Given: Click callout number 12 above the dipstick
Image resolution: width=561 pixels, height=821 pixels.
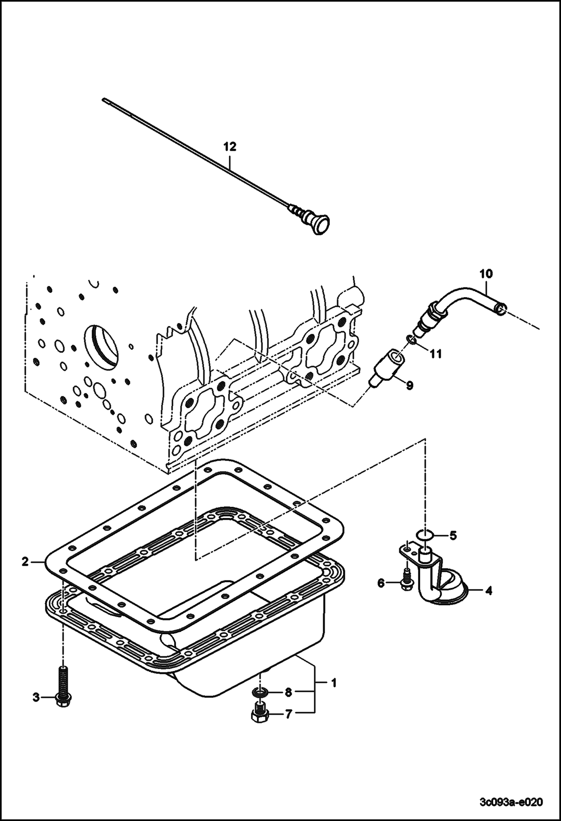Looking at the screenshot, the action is point(230,147).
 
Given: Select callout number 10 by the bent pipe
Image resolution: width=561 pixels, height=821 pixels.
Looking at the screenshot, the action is point(486,274).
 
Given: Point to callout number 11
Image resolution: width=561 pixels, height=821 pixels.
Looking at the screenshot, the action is point(435,353).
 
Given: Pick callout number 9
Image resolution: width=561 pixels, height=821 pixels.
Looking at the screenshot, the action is point(410,385).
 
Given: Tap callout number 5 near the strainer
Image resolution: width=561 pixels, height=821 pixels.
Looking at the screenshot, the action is point(453,536).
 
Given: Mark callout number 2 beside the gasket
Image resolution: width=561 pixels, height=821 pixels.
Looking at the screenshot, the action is point(25,562).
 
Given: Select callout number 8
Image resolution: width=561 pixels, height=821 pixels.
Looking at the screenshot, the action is point(288,693).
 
